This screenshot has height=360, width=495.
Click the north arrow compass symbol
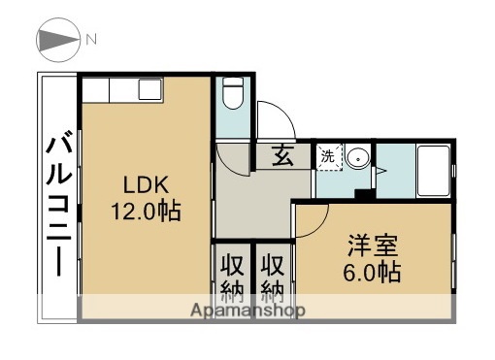pyautogui.click(x=58, y=40)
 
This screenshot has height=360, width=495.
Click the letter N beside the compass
pyautogui.click(x=91, y=40)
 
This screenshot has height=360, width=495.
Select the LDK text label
pyautogui.click(x=145, y=184)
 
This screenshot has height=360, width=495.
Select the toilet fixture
pyautogui.click(x=232, y=95)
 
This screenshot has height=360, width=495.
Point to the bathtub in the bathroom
pyautogui.click(x=433, y=169)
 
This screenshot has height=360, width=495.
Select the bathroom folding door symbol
pyautogui.click(x=380, y=171)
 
